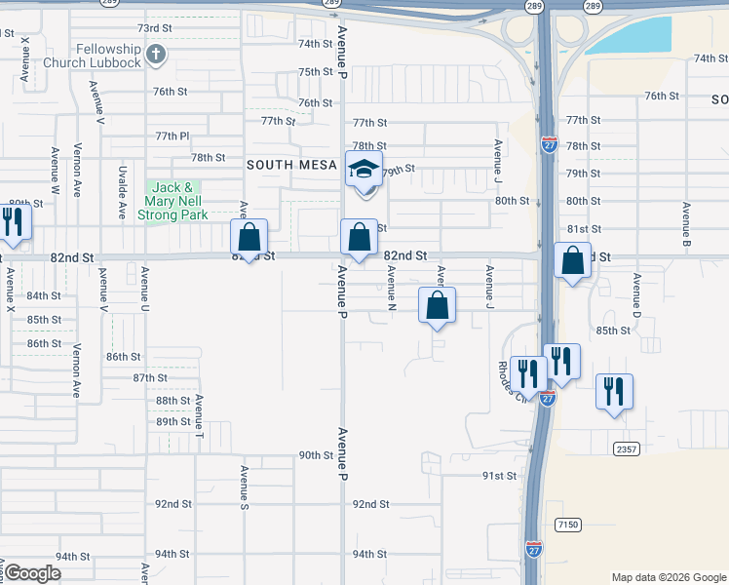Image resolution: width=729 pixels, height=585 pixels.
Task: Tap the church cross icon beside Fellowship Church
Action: [156, 54]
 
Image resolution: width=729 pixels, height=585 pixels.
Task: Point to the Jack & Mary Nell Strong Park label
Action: [173, 200]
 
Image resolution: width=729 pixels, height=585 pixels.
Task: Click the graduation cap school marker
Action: [364, 171]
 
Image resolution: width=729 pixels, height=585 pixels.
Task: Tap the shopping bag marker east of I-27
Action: [573, 260]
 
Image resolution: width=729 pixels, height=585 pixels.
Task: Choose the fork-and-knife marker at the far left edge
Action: [14, 223]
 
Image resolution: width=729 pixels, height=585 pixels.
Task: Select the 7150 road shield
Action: [567, 525]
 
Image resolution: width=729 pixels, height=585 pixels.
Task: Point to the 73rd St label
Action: [154, 29]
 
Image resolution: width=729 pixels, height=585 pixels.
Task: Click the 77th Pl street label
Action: [171, 136]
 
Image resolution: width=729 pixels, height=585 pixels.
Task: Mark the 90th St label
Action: [316, 455]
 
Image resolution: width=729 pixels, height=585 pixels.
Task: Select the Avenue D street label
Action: [636, 294]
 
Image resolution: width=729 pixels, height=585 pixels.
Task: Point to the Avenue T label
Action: [199, 413]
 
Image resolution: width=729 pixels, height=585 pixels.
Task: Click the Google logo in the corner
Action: [32, 573]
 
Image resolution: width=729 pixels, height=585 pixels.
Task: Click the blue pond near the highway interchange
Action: [634, 37]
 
